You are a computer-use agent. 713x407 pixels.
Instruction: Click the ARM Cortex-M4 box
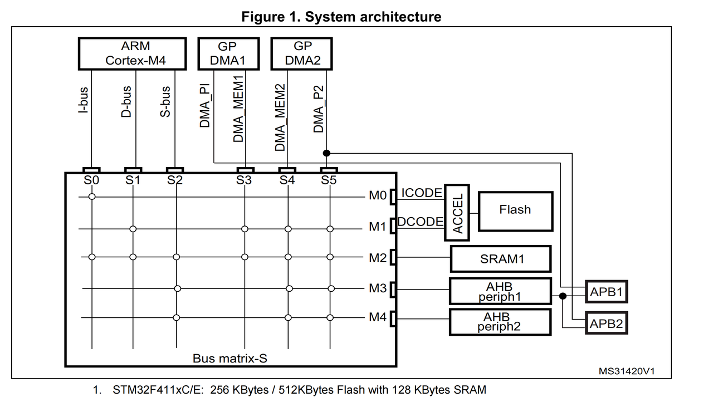(136, 53)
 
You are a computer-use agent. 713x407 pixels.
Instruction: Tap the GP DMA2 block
(301, 53)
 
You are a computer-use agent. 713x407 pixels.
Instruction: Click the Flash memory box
(515, 210)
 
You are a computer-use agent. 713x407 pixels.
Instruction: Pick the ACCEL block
(457, 212)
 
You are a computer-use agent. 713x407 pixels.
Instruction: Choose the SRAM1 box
(500, 259)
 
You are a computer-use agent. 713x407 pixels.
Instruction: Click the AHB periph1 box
(500, 291)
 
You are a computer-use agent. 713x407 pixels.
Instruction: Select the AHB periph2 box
(500, 322)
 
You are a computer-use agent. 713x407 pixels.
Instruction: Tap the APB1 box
(606, 291)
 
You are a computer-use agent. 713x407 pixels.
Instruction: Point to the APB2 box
(606, 323)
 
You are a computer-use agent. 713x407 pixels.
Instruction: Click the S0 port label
(91, 180)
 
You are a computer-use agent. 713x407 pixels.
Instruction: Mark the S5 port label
(329, 180)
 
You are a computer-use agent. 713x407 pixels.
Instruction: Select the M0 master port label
(377, 196)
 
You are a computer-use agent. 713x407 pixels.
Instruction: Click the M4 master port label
(377, 317)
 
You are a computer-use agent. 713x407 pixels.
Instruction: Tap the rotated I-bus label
(82, 100)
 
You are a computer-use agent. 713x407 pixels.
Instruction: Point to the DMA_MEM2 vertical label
(281, 117)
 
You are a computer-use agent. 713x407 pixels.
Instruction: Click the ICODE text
(422, 193)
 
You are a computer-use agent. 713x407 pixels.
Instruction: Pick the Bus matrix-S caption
(229, 358)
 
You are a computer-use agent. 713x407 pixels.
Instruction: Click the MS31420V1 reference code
(627, 371)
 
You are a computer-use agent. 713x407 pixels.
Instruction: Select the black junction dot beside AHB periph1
(563, 296)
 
